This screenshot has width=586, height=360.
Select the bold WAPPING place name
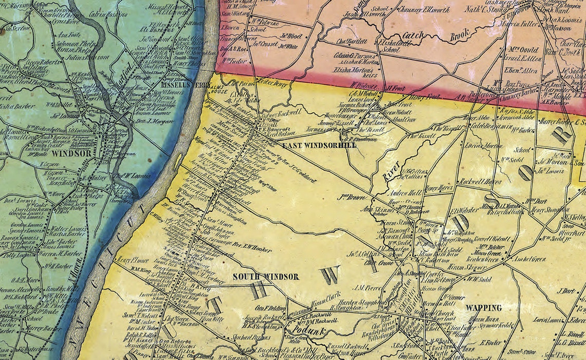click(x=484, y=308)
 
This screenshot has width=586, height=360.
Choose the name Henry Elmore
click(x=133, y=259)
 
